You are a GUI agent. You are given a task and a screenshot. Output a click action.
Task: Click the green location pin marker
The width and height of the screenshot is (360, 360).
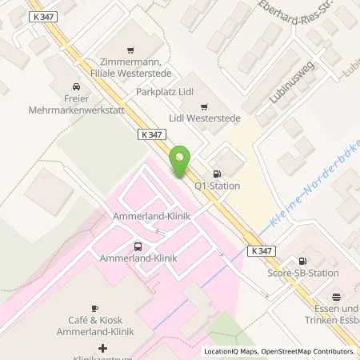click(x=180, y=163)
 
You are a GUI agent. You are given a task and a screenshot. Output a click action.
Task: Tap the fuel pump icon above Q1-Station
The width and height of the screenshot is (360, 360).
click(x=215, y=174)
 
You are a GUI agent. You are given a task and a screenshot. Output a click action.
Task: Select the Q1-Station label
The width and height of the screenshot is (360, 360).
click(x=218, y=186)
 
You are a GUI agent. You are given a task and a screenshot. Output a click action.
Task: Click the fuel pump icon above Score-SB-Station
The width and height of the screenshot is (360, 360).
click(x=302, y=261)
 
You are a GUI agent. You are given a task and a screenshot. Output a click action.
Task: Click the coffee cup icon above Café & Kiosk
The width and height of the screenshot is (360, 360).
click(x=94, y=308)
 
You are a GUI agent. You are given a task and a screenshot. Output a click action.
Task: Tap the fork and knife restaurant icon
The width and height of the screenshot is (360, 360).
click(x=337, y=296)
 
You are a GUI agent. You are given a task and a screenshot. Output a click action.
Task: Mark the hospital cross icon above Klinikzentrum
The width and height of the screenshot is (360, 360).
click(x=102, y=348)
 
